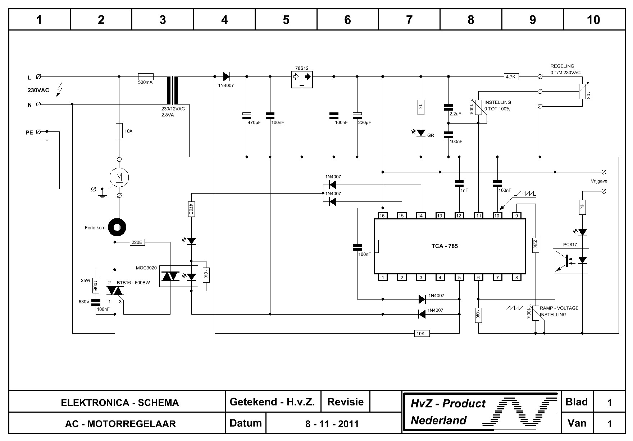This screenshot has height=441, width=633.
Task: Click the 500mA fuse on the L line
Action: pyautogui.click(x=146, y=76)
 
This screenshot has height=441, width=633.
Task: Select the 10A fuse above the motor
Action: pyautogui.click(x=119, y=131)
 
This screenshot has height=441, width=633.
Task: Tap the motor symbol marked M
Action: pyautogui.click(x=119, y=177)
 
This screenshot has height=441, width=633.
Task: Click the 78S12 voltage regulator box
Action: pyautogui.click(x=302, y=79)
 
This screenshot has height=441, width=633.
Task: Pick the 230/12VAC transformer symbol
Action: pyautogui.click(x=172, y=90)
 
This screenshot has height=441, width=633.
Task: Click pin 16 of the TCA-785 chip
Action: pyautogui.click(x=382, y=215)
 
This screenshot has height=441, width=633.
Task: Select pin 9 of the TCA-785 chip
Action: pyautogui.click(x=517, y=215)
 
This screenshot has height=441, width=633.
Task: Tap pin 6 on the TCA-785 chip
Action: pyautogui.click(x=478, y=277)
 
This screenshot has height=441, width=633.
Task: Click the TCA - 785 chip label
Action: pyautogui.click(x=445, y=246)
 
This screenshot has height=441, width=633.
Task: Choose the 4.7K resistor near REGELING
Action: pyautogui.click(x=511, y=76)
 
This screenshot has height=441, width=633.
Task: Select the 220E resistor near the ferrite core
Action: pyautogui.click(x=137, y=242)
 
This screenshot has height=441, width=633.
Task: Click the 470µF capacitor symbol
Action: pyautogui.click(x=247, y=115)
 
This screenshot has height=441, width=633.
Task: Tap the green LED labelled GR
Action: pyautogui.click(x=421, y=133)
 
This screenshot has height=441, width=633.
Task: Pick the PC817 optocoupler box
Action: pyautogui.click(x=571, y=261)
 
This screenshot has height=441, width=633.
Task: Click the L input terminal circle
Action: pyautogui.click(x=38, y=76)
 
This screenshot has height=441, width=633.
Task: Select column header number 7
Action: pyautogui.click(x=409, y=20)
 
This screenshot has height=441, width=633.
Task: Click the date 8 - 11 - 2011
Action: pyautogui.click(x=332, y=424)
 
